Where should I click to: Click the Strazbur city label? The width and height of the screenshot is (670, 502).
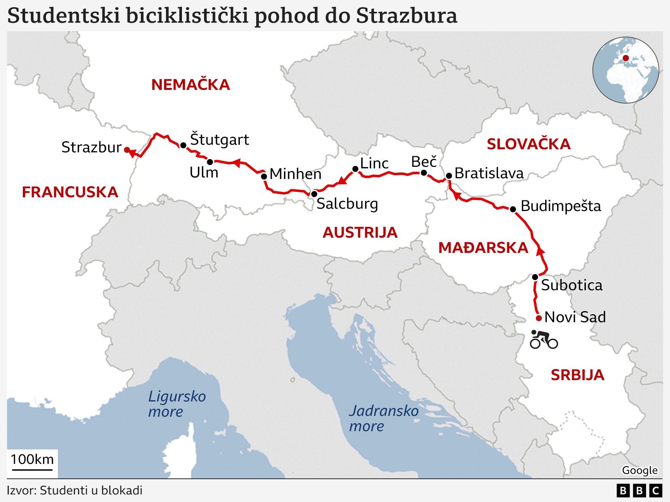pyautogui.click(x=91, y=147)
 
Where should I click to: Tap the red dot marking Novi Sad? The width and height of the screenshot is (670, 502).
pyautogui.click(x=539, y=318)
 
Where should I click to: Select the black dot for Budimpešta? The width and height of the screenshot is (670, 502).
pyautogui.click(x=513, y=209)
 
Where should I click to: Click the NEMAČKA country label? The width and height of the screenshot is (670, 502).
pyautogui.click(x=190, y=85)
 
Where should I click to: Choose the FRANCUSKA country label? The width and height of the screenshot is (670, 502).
pyautogui.click(x=70, y=192)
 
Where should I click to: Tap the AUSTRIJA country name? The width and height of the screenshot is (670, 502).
pyautogui.click(x=360, y=232)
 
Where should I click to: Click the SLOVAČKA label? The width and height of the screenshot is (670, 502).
pyautogui.click(x=528, y=144)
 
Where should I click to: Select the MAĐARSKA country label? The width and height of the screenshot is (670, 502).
pyautogui.click(x=483, y=248)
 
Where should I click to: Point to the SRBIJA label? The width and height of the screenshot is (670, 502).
pyautogui.click(x=577, y=375)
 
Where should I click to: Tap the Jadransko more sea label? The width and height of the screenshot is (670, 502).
pyautogui.click(x=383, y=418)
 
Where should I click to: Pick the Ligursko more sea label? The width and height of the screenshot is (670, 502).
pyautogui.click(x=177, y=404)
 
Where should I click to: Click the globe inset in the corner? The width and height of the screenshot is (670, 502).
pyautogui.click(x=625, y=70)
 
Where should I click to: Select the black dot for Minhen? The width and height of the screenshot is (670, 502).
pyautogui.click(x=264, y=176)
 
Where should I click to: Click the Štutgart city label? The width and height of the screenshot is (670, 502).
pyautogui.click(x=219, y=140)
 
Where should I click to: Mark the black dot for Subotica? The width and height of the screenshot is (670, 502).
pyautogui.click(x=535, y=277)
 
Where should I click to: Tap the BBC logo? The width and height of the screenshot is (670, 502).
pyautogui.click(x=639, y=490)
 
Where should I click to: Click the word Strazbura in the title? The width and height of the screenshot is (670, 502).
pyautogui.click(x=407, y=16)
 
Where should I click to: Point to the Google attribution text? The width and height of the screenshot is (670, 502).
pyautogui.click(x=640, y=470)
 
